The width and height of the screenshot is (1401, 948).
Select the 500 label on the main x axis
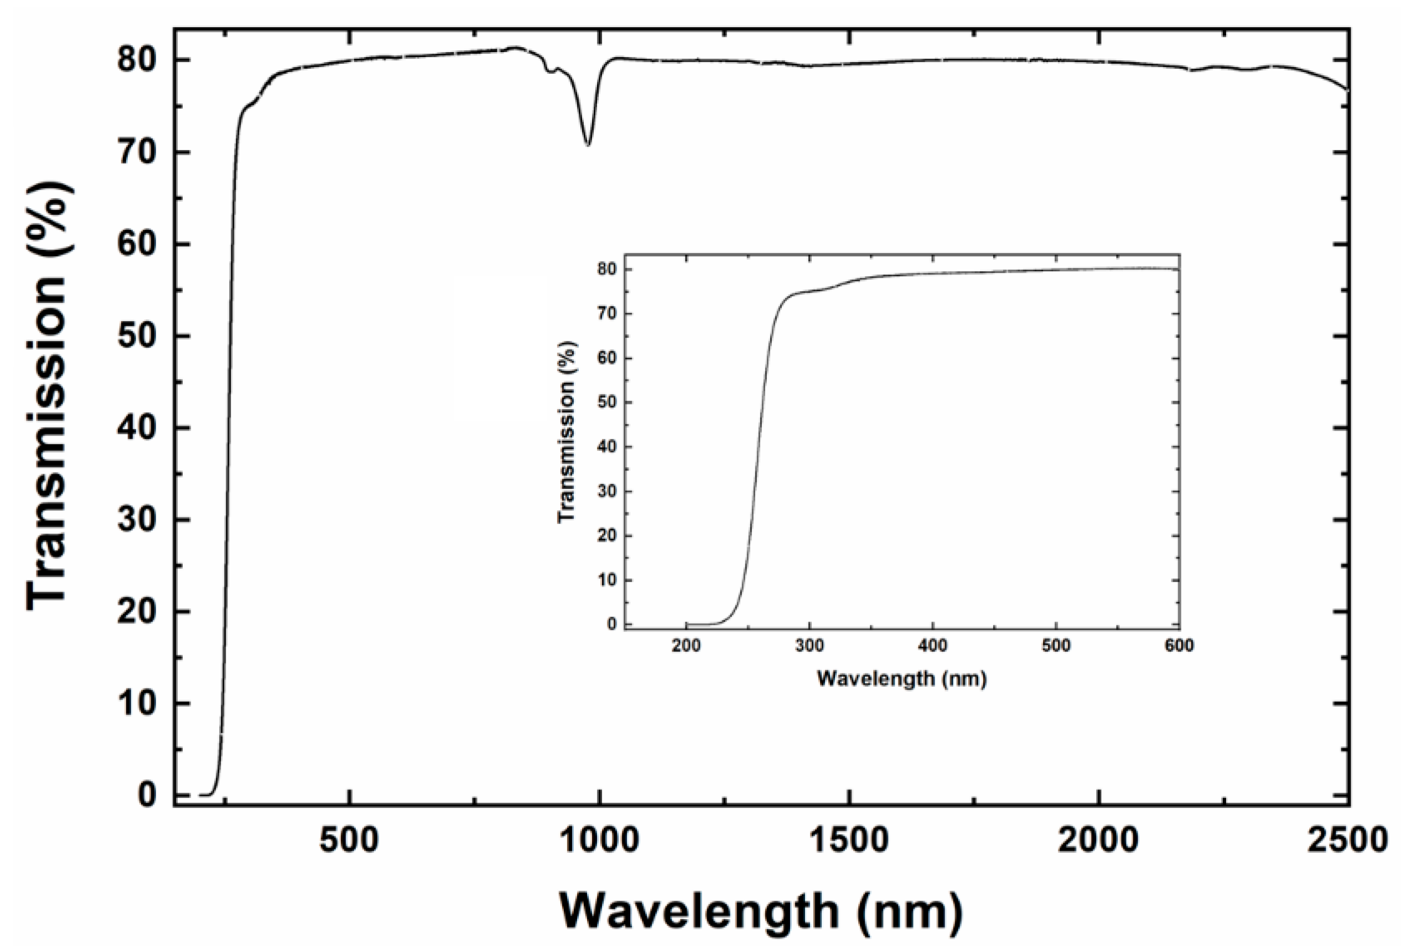(350, 840)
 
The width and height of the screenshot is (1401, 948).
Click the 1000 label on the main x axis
(599, 840)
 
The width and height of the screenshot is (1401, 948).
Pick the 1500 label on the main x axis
(849, 840)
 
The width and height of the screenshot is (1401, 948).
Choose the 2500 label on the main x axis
(1348, 840)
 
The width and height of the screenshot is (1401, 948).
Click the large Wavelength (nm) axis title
(761, 910)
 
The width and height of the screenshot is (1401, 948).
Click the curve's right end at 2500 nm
(1346, 89)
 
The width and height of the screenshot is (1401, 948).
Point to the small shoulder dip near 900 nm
(550, 72)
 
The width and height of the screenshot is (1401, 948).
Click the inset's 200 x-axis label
(686, 646)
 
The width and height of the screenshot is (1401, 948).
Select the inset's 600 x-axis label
(1179, 646)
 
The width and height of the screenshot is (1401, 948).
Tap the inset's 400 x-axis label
(932, 646)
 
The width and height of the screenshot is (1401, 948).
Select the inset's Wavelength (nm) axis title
(901, 679)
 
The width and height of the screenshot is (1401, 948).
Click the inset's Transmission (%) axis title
(567, 432)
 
